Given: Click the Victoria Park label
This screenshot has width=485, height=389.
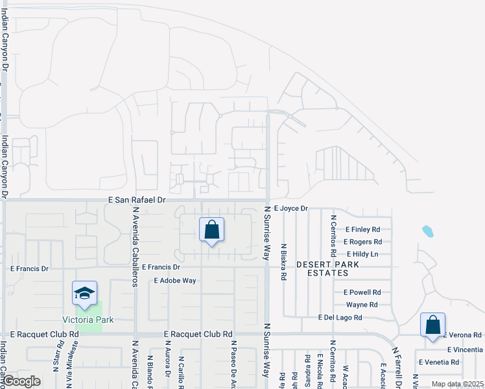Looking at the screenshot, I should coord(88,320).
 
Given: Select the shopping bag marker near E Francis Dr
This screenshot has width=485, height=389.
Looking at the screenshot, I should coord(211,230).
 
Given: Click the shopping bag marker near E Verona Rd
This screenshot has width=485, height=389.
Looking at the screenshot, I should coord(432,326).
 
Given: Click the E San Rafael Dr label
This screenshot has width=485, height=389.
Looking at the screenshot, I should coord(137,201).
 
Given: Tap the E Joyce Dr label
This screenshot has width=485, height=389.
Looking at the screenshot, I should coord(290,209).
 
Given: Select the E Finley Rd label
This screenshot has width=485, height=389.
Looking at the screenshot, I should coord(362,230).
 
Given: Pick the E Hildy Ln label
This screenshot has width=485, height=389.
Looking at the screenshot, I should coord(362,254).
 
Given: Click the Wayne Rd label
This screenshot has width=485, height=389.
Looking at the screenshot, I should coord(362,305).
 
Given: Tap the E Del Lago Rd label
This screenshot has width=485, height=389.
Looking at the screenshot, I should coord(340,318).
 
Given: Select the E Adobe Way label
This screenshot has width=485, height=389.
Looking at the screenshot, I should coord(174,281).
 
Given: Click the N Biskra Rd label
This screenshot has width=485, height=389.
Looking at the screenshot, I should coord(284,262).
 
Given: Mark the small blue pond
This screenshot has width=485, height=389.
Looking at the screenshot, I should coord(427,231).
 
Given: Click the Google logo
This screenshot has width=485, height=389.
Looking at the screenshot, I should coord(22,381).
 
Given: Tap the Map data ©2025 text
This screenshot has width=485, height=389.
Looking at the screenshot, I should coord(457,384).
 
